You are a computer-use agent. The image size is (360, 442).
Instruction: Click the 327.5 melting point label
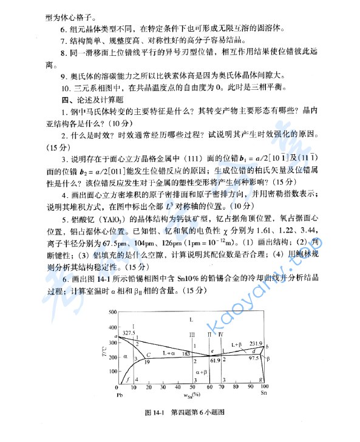pos(128,333)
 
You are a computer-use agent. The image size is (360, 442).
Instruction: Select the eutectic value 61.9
pos(214,361)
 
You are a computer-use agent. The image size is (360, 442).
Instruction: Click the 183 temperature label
pos(186,353)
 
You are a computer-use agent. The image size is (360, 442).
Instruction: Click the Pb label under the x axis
pos(119,394)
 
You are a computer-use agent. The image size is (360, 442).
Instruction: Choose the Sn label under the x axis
pos(263,394)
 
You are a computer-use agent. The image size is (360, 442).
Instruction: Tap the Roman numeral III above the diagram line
pos(192,335)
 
